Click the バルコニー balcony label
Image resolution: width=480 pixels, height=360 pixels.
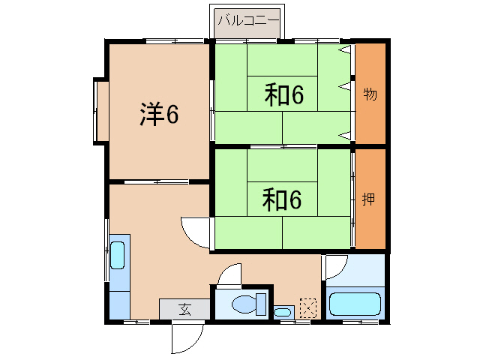247,20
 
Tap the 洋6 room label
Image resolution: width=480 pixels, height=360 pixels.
159,114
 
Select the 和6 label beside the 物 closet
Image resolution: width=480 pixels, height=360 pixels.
283,94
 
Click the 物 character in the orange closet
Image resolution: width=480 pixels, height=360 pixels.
370,94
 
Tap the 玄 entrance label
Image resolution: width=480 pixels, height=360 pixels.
184,308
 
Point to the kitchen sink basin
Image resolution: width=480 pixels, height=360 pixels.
118,254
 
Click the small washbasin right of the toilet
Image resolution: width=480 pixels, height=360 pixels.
283,311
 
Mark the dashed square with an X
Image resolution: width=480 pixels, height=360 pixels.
308,307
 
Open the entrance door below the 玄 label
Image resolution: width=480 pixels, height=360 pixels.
187,337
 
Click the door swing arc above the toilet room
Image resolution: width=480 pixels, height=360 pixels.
229,274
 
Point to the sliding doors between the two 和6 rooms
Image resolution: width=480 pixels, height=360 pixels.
283,146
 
